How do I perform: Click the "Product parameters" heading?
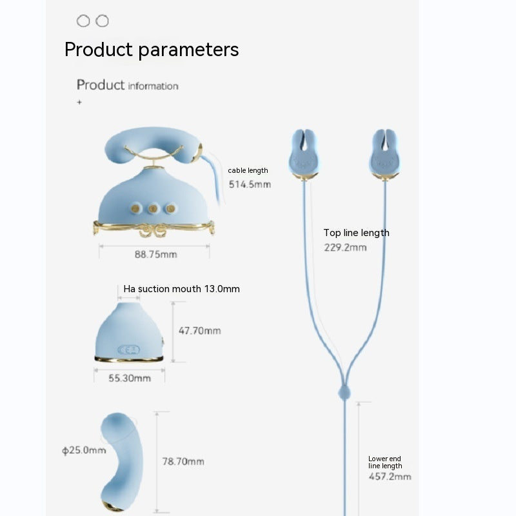[x=152, y=50]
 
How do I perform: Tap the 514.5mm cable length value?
[x=250, y=184]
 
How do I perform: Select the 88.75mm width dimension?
[x=155, y=254]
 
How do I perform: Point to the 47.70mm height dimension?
[x=199, y=331]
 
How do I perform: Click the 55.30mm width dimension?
[x=129, y=379]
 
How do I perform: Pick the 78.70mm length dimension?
[x=183, y=461]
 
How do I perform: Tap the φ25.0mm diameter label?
[x=84, y=450]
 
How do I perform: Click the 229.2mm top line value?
[x=345, y=247]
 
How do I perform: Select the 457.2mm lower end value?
[x=390, y=477]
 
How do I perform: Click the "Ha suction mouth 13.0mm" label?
[x=181, y=289]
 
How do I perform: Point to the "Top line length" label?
[x=356, y=233]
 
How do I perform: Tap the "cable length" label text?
[x=248, y=171]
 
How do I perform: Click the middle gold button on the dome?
[x=154, y=208]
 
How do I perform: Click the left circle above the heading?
[x=83, y=21]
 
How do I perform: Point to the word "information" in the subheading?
[x=153, y=86]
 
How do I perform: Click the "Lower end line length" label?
[x=385, y=462]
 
